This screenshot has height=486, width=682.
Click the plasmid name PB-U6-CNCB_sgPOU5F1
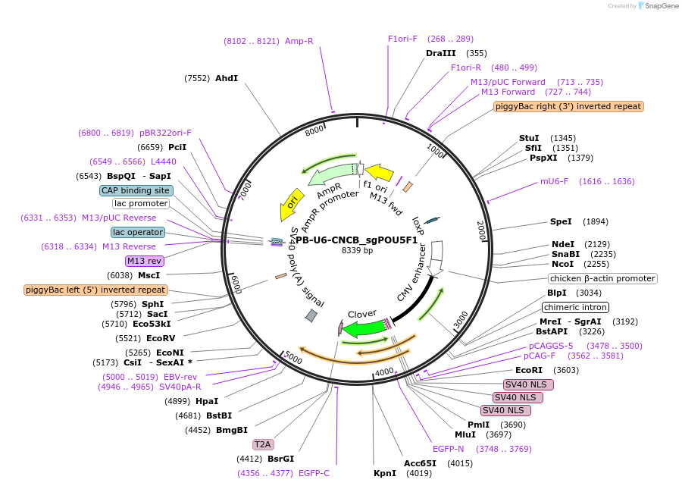356,240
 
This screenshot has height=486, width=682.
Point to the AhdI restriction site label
226,78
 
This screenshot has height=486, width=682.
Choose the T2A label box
263,444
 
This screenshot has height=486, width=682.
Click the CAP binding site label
136,190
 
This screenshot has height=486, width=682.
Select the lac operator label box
137,232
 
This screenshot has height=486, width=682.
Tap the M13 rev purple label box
145,261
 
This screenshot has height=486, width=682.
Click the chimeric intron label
575,307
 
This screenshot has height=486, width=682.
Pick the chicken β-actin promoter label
603,278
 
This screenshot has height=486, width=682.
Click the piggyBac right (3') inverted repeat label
568,106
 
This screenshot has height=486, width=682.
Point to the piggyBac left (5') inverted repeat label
95,290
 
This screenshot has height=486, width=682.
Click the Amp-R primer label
299,41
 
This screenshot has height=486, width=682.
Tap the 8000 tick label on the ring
314,131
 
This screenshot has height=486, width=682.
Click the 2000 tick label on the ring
480,230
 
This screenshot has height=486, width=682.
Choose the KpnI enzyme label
385,473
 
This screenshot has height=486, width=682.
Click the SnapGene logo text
662,6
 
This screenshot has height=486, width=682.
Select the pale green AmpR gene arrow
330,175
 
